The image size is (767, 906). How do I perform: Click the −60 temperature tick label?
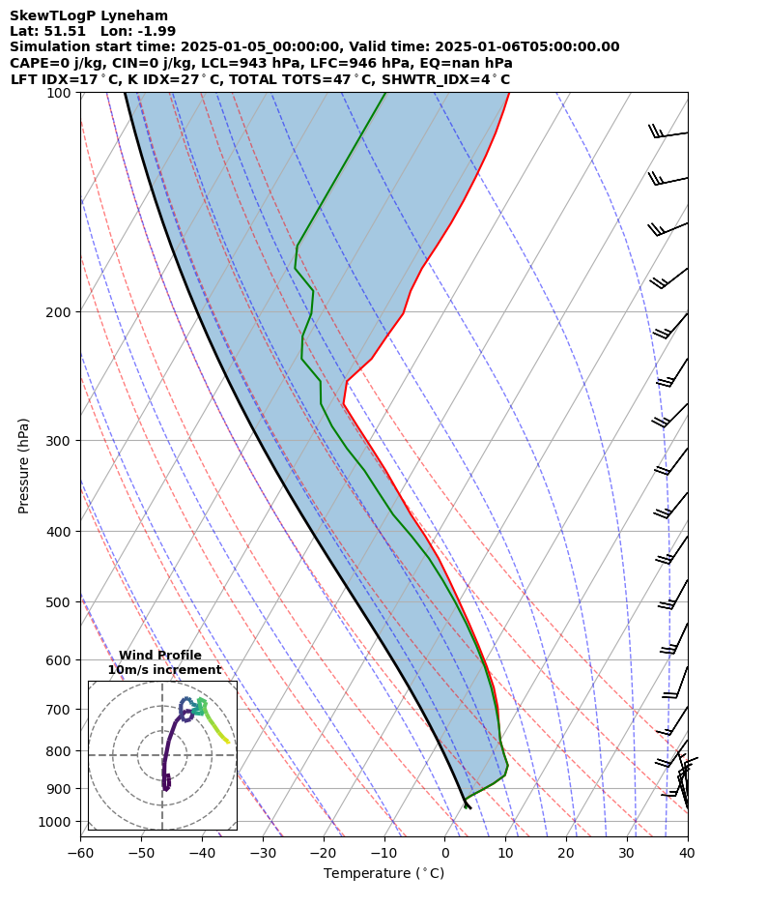point(80,853)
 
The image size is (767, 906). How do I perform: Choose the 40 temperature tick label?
point(688,853)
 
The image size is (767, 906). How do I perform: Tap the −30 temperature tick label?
point(263,853)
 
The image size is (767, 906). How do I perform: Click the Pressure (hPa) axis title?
point(24,465)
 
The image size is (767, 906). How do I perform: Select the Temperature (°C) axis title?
point(383,874)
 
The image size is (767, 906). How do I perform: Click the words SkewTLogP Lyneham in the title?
point(89,15)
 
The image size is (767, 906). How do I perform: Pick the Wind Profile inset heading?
point(160,656)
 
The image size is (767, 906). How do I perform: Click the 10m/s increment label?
point(164,670)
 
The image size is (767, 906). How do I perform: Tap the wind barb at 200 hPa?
point(673,324)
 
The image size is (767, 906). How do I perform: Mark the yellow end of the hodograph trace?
point(228,742)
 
